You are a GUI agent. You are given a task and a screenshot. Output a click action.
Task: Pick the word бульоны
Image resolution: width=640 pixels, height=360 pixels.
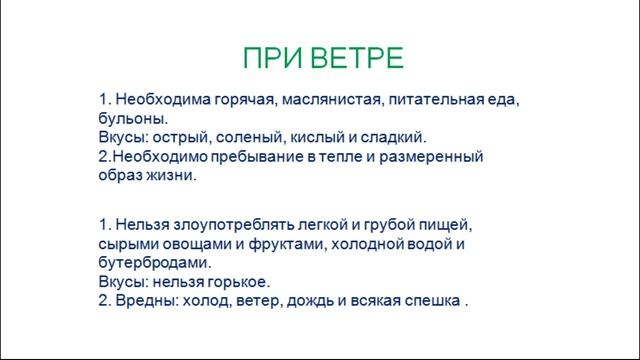pos(132,119)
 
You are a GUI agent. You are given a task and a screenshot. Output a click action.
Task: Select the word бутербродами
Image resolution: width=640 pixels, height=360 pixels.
pos(155,262)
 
